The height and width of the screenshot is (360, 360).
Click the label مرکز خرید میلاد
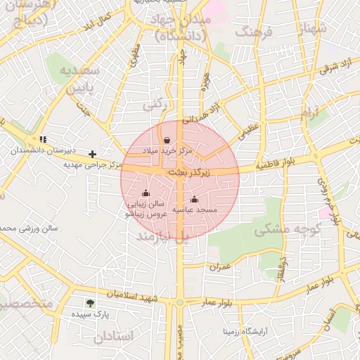167,151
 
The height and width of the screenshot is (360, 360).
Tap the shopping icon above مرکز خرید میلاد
167,141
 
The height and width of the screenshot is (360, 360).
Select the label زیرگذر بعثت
186,172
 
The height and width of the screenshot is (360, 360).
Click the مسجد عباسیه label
195,210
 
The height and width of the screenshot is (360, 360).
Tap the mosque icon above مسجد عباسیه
195,199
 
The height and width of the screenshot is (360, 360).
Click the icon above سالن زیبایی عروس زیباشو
146,193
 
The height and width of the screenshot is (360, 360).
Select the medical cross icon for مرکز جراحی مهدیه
92,154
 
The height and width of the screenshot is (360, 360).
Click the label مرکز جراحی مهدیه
93,165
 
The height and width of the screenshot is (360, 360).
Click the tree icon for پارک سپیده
91,303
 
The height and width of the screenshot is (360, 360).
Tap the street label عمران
219,266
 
